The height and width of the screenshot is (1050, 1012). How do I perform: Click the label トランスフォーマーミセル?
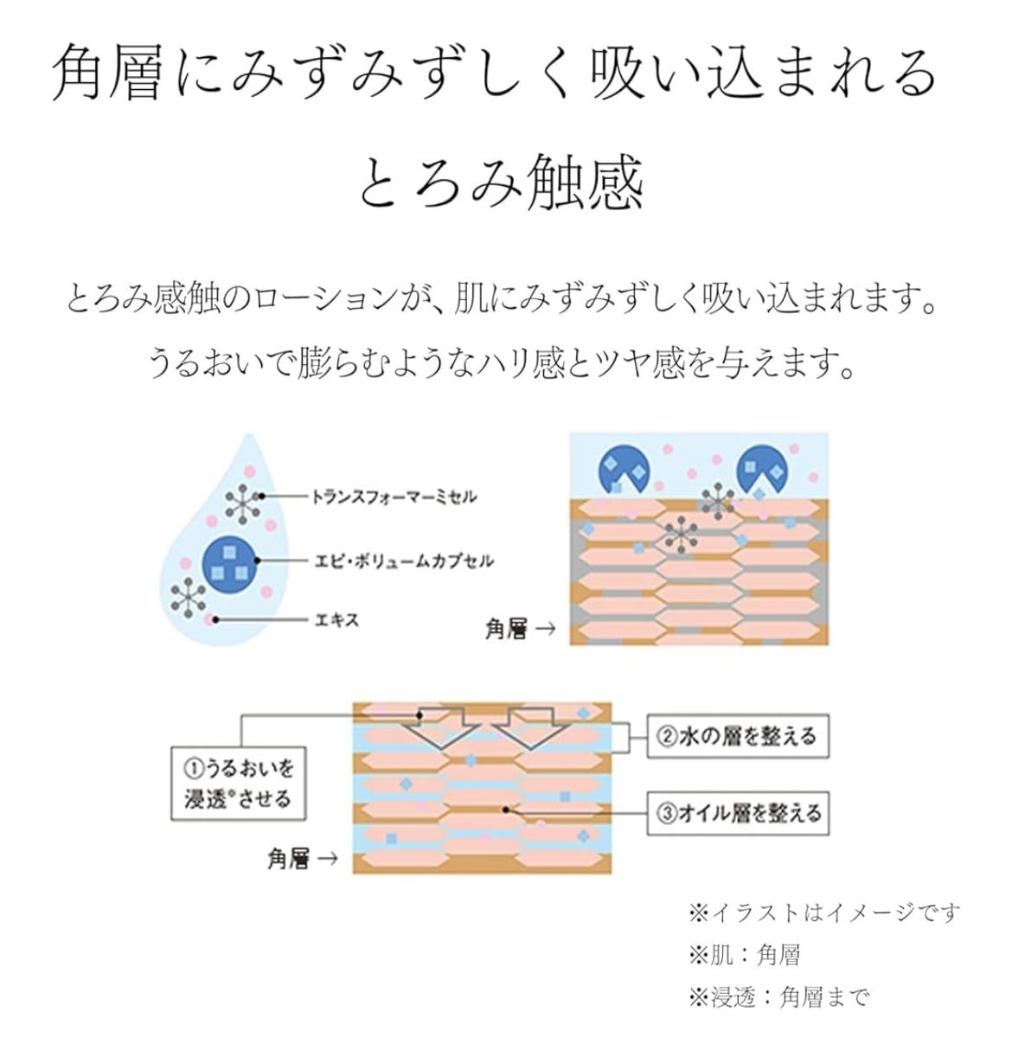click(394, 496)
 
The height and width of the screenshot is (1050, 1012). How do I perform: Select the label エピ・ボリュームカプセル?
click(404, 560)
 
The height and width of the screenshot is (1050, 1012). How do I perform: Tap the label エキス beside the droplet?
click(336, 619)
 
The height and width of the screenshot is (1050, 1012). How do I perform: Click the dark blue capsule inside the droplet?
click(230, 562)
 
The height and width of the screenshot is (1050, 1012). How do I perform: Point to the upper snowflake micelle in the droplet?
click(243, 503)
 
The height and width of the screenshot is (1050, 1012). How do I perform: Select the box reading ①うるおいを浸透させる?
click(238, 783)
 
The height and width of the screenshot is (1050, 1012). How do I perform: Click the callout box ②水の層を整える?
click(738, 737)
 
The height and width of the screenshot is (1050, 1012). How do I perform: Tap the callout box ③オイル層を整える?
click(738, 813)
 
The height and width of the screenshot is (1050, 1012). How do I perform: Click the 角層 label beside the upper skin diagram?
click(507, 629)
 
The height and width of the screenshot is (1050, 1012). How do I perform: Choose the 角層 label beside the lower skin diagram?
click(289, 859)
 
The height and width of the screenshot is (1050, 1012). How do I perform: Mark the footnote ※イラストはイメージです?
click(823, 912)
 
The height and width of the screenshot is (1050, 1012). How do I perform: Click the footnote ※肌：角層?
click(744, 954)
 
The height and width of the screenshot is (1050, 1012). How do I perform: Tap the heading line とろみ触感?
click(501, 182)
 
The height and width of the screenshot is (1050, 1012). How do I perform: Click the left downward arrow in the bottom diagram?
click(442, 727)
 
